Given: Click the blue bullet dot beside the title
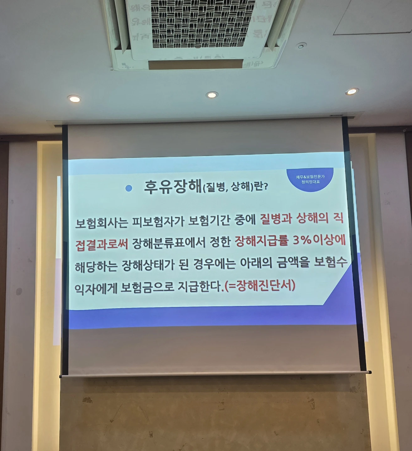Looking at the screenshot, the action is (129, 188).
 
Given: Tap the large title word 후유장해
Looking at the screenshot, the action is (173, 187).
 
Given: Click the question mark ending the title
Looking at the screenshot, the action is (265, 186).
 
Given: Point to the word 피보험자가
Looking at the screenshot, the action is (157, 222).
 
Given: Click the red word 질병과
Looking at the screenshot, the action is (276, 219).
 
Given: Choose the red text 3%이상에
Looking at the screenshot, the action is (319, 240).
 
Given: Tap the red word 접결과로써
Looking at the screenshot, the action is (102, 244).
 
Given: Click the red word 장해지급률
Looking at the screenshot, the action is (261, 241).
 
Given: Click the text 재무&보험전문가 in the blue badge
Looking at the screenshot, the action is (310, 177).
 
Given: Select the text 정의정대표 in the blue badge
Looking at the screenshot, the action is (310, 182).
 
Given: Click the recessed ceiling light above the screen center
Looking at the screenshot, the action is (212, 95).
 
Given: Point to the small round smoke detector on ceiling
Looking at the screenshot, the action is (301, 46).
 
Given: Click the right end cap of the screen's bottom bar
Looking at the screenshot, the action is (370, 372).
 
